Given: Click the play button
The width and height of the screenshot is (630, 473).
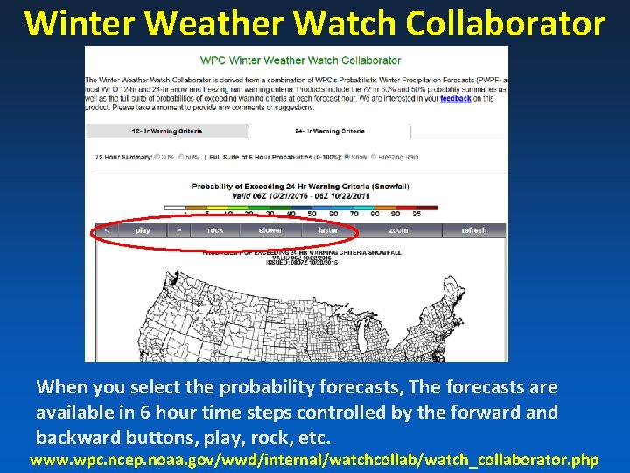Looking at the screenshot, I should click(x=143, y=230).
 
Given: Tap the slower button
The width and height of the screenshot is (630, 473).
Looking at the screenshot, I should click(x=270, y=230).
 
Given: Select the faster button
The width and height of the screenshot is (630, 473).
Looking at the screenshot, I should click(x=328, y=230).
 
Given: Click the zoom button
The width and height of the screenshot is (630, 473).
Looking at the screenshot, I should click(x=398, y=230).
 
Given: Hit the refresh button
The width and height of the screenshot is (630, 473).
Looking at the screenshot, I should click(x=473, y=230).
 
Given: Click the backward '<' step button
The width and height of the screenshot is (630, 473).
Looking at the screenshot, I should click(x=106, y=230).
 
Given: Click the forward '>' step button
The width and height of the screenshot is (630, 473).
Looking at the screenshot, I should click(x=178, y=230).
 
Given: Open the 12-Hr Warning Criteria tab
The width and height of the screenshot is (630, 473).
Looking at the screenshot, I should click(x=166, y=131).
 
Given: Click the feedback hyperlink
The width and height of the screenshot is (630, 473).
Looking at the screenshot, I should click(x=455, y=99).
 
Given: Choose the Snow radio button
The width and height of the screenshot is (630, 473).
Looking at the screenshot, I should click(x=348, y=157).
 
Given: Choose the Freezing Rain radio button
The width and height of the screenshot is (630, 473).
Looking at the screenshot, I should click(x=375, y=157).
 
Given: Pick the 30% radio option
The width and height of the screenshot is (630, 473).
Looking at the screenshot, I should click(x=157, y=157).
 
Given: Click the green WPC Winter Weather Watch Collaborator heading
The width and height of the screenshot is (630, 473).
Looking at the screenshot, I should click(x=300, y=60).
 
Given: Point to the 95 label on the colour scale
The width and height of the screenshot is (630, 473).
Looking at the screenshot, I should click(x=416, y=214).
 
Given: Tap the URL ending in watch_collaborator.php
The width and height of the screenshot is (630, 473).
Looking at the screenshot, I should click(x=314, y=459).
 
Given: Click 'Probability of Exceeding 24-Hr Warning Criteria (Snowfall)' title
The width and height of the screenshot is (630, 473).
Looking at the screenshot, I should click(x=300, y=186).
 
